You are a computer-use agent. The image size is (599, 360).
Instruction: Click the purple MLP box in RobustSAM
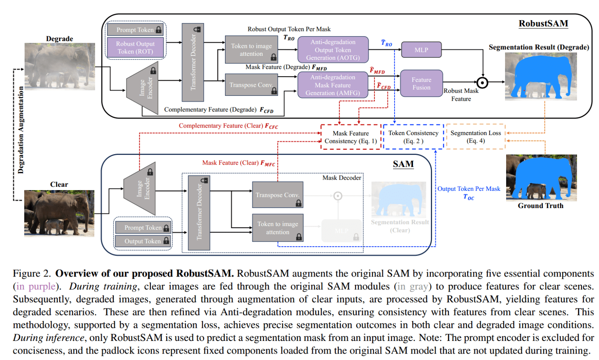pos(421,50)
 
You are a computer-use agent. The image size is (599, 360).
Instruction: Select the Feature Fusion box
pos(422,83)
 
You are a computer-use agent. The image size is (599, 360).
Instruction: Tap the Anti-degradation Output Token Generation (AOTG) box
pos(333,50)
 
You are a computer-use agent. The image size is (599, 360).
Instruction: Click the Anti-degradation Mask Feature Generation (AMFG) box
pos(332,85)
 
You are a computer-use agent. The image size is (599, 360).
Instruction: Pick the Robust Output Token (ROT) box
pos(135,48)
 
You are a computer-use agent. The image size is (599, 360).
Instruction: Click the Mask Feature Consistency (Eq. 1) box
pos(351,137)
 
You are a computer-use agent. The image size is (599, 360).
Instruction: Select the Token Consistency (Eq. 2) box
pos(413,137)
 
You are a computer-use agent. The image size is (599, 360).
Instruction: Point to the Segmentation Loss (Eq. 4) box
pos(475,137)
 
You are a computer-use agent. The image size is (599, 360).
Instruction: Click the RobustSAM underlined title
pos(543,24)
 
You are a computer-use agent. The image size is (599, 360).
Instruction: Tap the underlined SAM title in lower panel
pos(403,164)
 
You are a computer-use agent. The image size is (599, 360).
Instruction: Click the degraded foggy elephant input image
pos(60,66)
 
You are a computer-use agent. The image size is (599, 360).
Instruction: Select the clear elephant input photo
pos(59,213)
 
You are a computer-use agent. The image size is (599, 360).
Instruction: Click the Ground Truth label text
pos(540,206)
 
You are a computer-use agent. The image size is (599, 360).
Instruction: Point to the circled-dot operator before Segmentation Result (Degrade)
pos(483,83)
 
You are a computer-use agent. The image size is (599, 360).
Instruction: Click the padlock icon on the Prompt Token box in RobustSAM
pos(159,30)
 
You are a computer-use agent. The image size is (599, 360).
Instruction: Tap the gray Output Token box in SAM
pos(143,241)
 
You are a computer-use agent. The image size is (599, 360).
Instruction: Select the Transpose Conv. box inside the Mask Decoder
pos(277,195)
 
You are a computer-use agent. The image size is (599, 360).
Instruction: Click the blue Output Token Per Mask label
pos(469,189)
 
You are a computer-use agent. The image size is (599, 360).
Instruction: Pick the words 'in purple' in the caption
pos(36,287)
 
